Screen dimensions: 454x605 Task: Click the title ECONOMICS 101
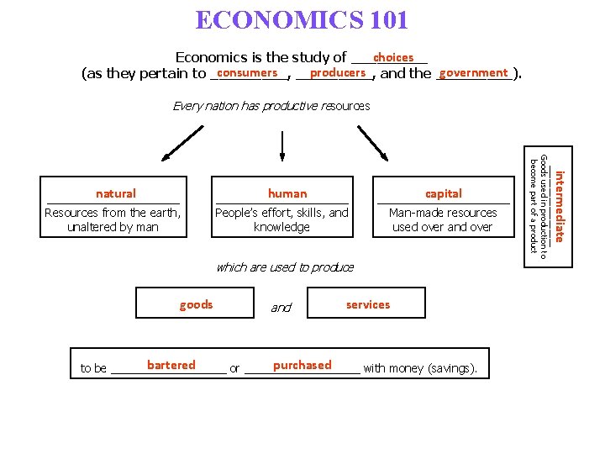tap(302, 19)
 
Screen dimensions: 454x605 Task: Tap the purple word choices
tap(393, 57)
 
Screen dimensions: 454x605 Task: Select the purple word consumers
tap(247, 73)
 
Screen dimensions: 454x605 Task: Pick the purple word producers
tap(337, 73)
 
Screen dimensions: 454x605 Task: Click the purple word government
tap(473, 73)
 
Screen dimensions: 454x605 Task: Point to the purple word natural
tap(116, 193)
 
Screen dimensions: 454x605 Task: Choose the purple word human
tap(287, 193)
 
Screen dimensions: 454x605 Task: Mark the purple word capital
tap(444, 193)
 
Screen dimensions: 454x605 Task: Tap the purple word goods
tap(197, 304)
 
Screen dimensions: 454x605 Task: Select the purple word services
tap(368, 304)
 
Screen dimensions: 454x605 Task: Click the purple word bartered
tap(171, 365)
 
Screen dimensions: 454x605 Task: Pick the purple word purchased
tap(302, 365)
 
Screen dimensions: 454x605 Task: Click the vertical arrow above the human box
tap(281, 145)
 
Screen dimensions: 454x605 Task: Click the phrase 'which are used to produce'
tap(285, 267)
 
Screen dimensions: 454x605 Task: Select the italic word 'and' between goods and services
tap(281, 308)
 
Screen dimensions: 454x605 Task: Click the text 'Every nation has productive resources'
tap(271, 106)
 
